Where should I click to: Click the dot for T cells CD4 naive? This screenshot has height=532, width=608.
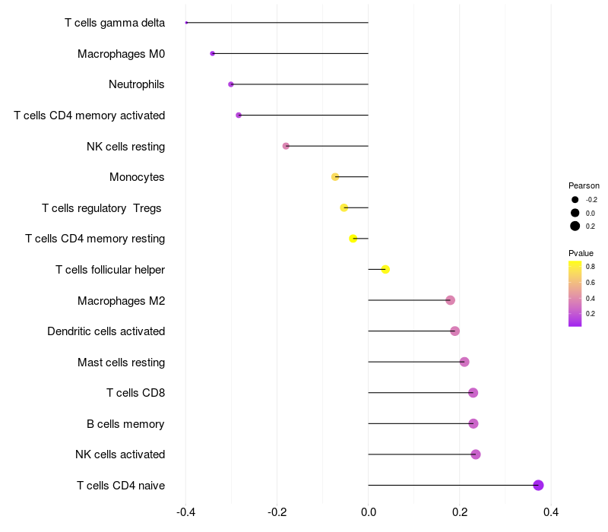(538, 486)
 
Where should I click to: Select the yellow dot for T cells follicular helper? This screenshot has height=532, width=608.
(385, 270)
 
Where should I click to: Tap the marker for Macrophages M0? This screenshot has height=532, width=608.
(213, 53)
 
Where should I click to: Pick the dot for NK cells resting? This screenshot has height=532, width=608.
(286, 146)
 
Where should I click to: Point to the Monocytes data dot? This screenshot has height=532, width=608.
(335, 177)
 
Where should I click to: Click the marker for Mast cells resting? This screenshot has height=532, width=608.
(464, 362)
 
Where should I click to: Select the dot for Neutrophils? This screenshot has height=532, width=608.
(231, 84)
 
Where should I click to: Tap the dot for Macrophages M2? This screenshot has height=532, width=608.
(450, 300)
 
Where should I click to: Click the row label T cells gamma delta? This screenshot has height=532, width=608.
(115, 23)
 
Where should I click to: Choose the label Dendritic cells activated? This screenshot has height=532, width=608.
(106, 331)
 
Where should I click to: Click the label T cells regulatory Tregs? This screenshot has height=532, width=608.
(102, 208)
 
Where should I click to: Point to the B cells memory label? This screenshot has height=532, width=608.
(125, 424)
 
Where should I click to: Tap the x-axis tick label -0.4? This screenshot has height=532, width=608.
(185, 511)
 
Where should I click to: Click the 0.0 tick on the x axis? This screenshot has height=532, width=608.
(369, 511)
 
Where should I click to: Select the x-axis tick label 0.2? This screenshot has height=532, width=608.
(460, 511)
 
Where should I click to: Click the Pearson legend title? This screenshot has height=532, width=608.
(584, 185)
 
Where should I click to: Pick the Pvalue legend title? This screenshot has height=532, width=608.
(581, 253)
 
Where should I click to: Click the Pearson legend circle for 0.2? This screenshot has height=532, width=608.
(575, 226)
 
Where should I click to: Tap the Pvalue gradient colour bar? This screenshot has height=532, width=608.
(575, 293)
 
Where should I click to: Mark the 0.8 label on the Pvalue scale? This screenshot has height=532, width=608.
(591, 267)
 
